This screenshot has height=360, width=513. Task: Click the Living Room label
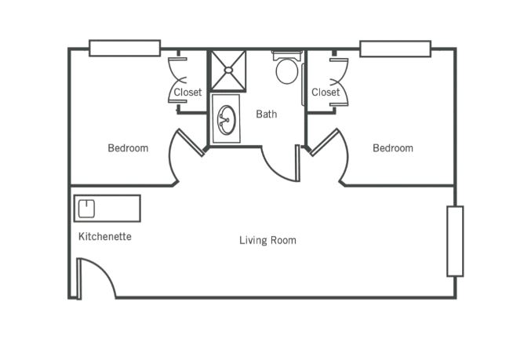[267, 240]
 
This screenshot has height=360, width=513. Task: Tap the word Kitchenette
[105, 236]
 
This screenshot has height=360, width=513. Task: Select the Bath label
[267, 114]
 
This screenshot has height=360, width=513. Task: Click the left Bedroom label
[128, 148]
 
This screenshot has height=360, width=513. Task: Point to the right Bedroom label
[393, 148]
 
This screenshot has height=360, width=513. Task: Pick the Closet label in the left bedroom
[187, 92]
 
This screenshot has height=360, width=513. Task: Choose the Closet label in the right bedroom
[326, 92]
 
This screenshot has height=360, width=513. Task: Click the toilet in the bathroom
[287, 71]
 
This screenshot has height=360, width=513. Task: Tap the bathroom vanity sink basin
[227, 120]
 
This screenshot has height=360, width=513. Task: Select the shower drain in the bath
[228, 70]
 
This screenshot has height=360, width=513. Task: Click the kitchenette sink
[86, 209]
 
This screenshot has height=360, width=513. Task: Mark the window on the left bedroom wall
[125, 48]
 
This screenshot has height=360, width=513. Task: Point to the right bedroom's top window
[395, 49]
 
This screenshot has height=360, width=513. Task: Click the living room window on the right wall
[455, 242]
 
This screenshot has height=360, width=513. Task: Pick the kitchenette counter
[107, 209]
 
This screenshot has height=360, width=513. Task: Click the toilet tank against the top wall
[287, 55]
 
